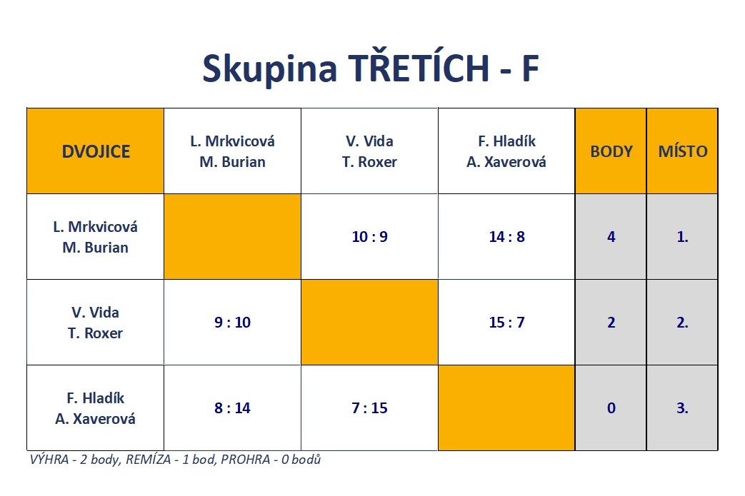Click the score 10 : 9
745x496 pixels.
pyautogui.click(x=370, y=237)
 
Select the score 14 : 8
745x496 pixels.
pyautogui.click(x=507, y=237)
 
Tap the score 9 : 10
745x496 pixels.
pyautogui.click(x=232, y=323)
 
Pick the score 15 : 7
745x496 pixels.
pyautogui.click(x=507, y=323)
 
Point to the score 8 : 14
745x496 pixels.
pyautogui.click(x=232, y=408)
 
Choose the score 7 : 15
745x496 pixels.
pyautogui.click(x=370, y=408)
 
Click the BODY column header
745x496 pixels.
pyautogui.click(x=611, y=151)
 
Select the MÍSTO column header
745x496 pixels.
pyautogui.click(x=683, y=151)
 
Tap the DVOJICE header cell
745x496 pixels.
pyautogui.click(x=96, y=151)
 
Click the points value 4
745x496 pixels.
pyautogui.click(x=611, y=237)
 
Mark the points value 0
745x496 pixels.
pyautogui.click(x=611, y=408)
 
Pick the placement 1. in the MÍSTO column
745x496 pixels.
pyautogui.click(x=682, y=237)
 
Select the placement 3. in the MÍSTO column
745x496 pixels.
pyautogui.click(x=682, y=408)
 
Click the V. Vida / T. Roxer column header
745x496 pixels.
pyautogui.click(x=370, y=151)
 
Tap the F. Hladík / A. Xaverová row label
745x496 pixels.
pyautogui.click(x=96, y=408)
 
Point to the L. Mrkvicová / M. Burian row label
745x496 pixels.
pyautogui.click(x=96, y=237)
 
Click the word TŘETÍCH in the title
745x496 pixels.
pyautogui.click(x=419, y=67)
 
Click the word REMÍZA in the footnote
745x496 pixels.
pyautogui.click(x=149, y=460)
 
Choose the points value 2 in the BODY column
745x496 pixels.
pyautogui.click(x=611, y=323)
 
